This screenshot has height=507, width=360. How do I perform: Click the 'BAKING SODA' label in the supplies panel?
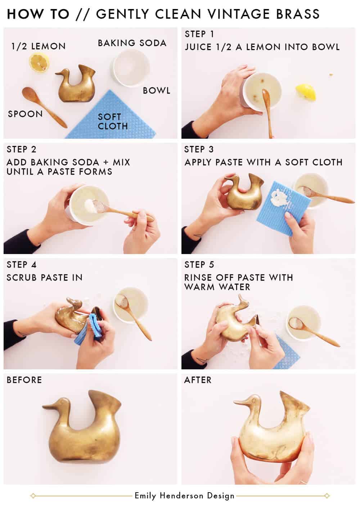coord(132,43)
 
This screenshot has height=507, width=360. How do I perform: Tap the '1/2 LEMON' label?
coord(39,46)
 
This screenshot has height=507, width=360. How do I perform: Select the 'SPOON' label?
coord(25,114)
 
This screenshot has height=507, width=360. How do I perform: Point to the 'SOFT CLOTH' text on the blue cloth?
coord(113,121)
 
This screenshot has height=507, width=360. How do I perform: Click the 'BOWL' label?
coord(157,91)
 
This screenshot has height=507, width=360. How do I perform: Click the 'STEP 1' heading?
coord(199,35)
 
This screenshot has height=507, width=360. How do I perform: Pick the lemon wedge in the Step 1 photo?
coord(306,93)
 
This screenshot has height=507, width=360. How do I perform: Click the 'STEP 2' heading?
coord(22,150)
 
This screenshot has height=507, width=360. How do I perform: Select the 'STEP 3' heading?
coord(199,150)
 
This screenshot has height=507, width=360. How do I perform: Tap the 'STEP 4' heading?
coord(22,265)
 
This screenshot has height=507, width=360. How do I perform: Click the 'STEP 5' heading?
coord(199,265)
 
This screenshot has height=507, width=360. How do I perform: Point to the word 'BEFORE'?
coord(24,380)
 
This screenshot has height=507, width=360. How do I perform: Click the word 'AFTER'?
coord(198,380)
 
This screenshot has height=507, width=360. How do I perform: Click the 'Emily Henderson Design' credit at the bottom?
coord(184,496)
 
